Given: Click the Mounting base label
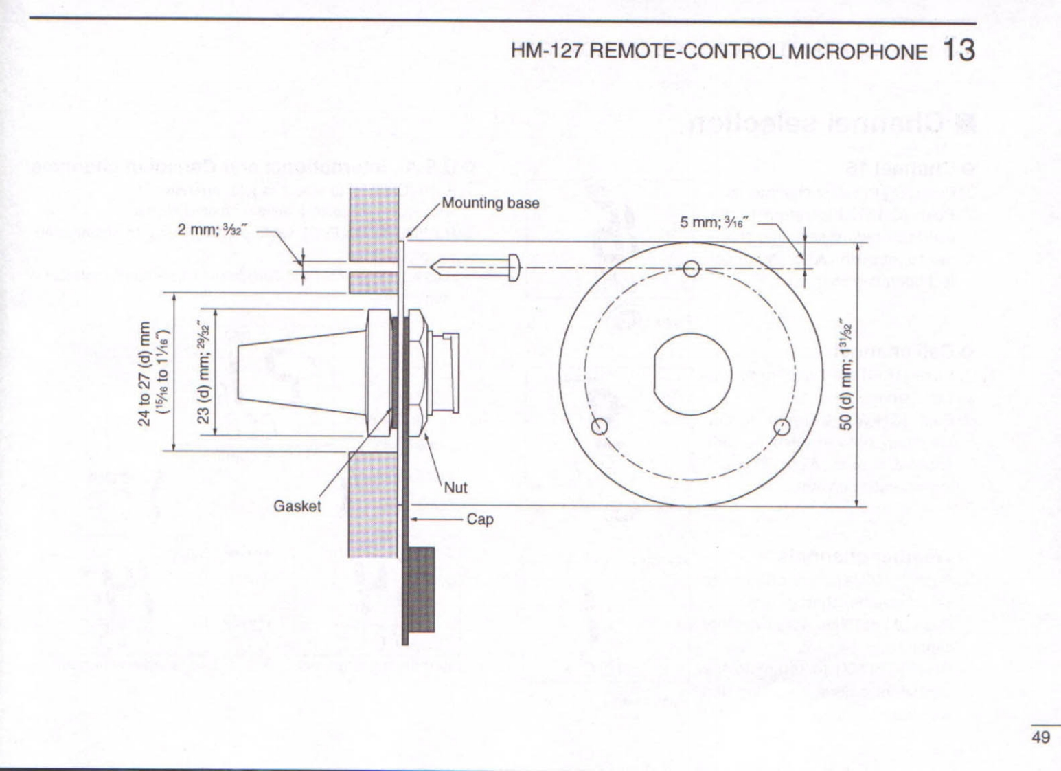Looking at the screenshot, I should [490, 203].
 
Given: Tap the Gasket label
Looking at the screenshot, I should [297, 506].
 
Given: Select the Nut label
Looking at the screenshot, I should [455, 488].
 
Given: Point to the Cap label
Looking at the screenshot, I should [480, 519].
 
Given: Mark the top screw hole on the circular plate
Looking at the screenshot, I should [692, 267].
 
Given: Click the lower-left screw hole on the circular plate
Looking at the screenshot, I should [600, 427].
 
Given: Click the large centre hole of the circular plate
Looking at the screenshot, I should [692, 374].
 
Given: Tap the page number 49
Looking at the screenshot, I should [1040, 737].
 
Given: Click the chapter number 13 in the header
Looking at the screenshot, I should [959, 51].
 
